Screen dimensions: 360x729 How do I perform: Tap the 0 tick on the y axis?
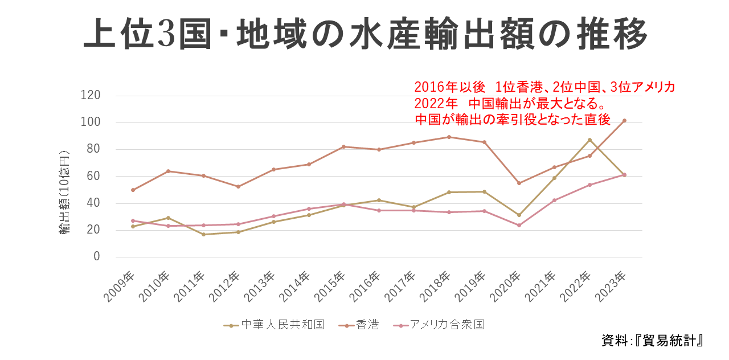(x=96, y=257)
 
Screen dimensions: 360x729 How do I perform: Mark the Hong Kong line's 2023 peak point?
(x=624, y=121)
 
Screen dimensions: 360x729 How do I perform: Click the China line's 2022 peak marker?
(x=589, y=140)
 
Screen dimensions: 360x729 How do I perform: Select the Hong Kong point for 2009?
(x=133, y=190)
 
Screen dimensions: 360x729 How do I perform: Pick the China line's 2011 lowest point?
(x=203, y=234)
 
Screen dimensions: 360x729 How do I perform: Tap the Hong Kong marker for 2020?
(x=519, y=183)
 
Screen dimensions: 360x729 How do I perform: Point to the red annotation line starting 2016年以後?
(x=544, y=87)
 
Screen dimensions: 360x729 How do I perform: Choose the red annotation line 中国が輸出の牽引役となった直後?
(x=513, y=120)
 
